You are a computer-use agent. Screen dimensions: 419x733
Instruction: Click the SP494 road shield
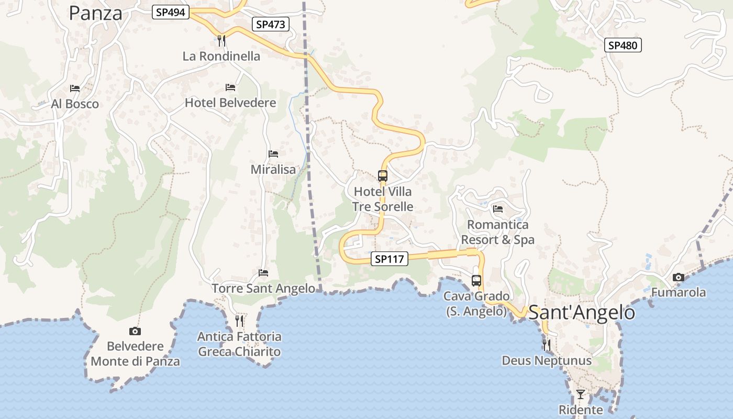click(171, 12)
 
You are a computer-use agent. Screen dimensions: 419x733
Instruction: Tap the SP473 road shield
click(271, 24)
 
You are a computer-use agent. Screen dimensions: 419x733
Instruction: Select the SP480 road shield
click(623, 45)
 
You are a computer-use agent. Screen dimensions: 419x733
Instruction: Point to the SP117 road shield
click(390, 259)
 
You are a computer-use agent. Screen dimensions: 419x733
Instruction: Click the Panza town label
click(96, 13)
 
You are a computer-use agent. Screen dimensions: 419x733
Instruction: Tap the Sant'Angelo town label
click(581, 313)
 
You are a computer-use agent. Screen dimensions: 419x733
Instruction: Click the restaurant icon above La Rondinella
click(221, 40)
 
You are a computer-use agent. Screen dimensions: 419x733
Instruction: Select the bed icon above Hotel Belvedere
click(230, 87)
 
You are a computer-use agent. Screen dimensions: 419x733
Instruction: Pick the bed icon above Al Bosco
click(75, 88)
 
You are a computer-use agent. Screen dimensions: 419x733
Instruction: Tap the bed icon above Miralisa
click(273, 153)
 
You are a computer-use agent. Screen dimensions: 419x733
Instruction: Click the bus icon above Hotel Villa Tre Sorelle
click(383, 176)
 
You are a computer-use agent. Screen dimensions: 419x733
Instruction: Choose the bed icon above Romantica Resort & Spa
click(498, 209)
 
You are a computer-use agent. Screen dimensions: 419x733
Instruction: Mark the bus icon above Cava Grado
click(476, 280)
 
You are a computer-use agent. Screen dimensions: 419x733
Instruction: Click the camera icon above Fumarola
click(679, 277)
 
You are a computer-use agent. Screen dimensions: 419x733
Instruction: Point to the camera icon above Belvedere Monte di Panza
click(135, 331)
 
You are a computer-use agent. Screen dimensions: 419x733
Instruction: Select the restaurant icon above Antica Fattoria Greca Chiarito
click(239, 321)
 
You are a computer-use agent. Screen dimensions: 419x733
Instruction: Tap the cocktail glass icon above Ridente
click(581, 394)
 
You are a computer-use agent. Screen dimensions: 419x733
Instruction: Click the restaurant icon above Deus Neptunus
click(547, 345)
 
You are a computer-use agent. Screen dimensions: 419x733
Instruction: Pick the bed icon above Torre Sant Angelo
click(263, 273)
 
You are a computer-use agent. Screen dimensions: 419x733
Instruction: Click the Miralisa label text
click(273, 170)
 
